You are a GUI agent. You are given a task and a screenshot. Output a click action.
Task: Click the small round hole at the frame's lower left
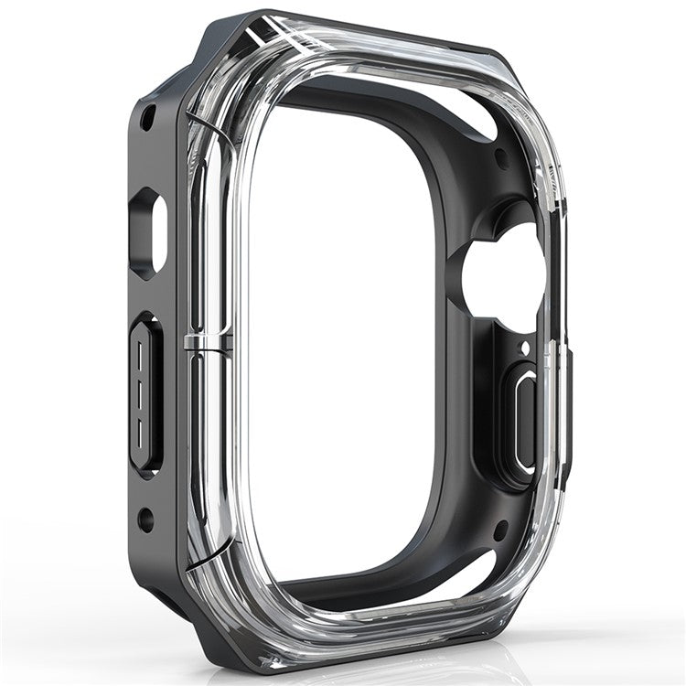(x=145, y=520)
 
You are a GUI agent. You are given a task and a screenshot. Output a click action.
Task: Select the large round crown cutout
(x=501, y=274)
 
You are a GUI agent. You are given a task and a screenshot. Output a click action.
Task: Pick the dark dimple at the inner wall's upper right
(x=501, y=157)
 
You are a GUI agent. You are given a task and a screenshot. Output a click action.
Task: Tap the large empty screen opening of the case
(x=348, y=338)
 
